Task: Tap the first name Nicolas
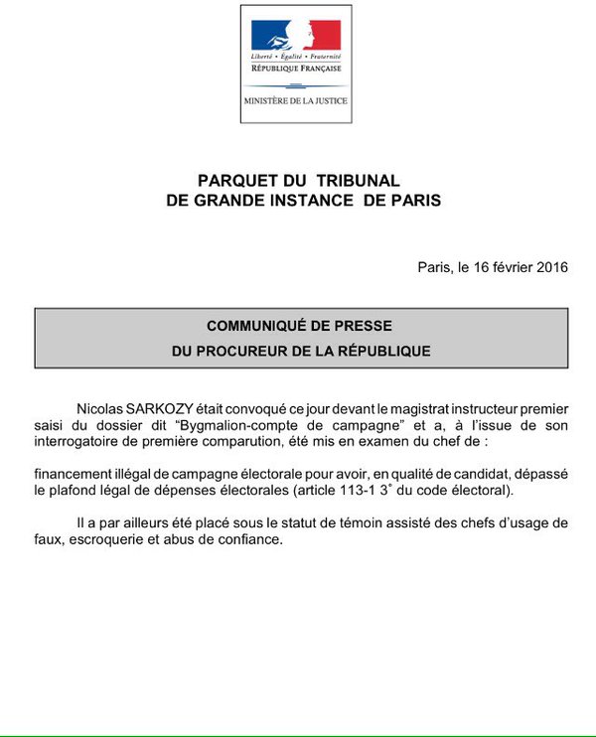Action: (102, 407)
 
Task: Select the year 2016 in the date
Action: (548, 268)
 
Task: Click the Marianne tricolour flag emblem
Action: (295, 38)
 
